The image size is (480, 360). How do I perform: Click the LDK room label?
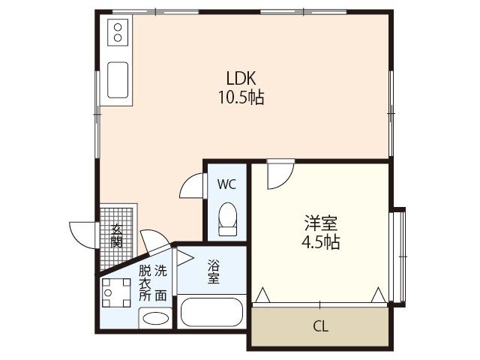coord(241,78)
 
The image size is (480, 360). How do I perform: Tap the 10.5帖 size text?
coord(241,97)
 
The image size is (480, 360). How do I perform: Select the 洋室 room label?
coord(320,223)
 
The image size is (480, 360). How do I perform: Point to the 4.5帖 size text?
coord(320,242)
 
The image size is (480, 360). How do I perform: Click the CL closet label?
coord(319,328)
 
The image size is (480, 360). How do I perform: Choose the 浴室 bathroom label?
coord(213,271)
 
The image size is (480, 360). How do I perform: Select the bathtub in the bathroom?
coord(211,313)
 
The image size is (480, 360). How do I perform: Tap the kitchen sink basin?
coord(118,80)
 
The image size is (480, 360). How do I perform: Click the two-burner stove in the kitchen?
coord(118,31)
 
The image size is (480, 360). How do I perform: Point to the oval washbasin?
coord(155,318)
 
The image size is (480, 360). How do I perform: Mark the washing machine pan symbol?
coord(116,293)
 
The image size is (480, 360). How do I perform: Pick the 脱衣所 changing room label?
coord(145,282)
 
